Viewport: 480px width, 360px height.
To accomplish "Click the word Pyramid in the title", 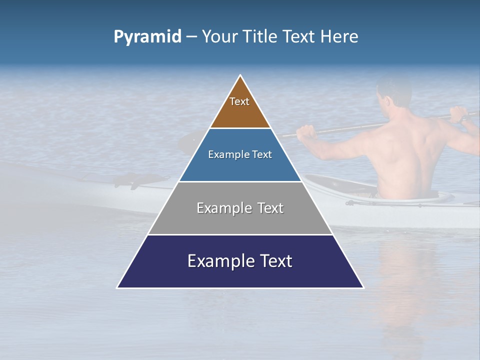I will (147, 37).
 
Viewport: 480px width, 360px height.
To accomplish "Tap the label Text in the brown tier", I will (239, 101).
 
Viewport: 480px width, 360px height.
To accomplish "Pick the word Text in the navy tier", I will (274, 261).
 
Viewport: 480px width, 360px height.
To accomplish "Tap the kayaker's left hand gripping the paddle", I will (306, 132).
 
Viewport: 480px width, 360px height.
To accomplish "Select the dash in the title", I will (191, 37).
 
